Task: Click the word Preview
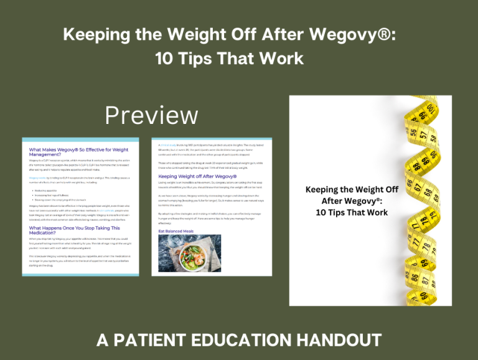click(x=151, y=115)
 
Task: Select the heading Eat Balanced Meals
click(x=176, y=231)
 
